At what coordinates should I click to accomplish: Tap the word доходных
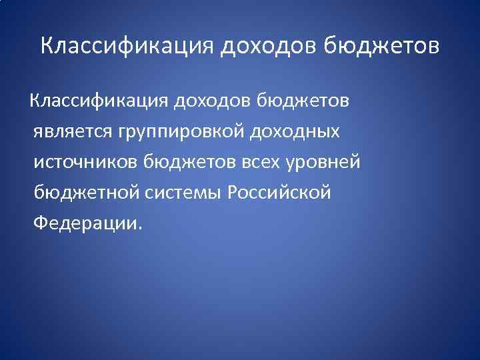pyautogui.click(x=295, y=132)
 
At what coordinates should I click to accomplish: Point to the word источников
pyautogui.click(x=86, y=162)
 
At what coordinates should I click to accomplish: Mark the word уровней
pyautogui.click(x=327, y=162)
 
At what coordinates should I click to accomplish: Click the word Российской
pyautogui.click(x=279, y=193)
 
